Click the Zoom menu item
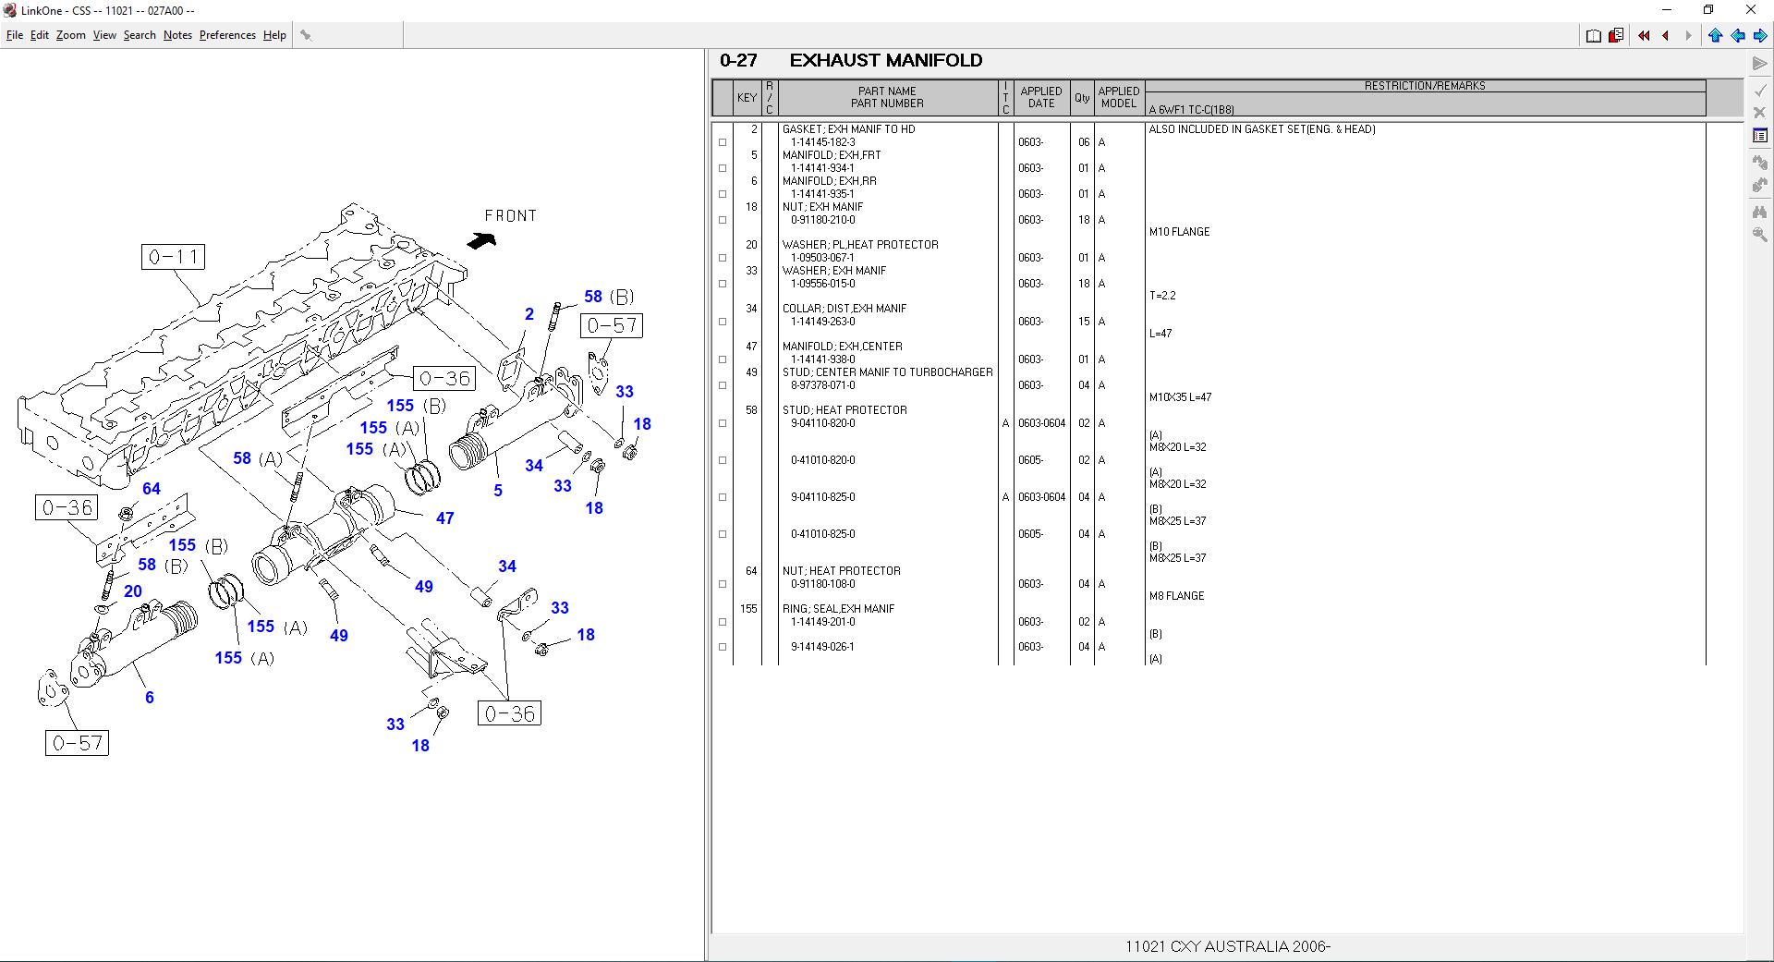(70, 35)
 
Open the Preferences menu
(227, 35)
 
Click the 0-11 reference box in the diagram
(174, 257)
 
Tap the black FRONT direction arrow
(480, 240)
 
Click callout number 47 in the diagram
(444, 518)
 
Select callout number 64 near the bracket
(151, 489)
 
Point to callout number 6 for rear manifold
(149, 698)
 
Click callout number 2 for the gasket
(529, 314)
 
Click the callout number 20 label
(133, 591)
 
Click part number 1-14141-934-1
(822, 168)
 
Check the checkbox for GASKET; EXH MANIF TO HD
(723, 142)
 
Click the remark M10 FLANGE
(1179, 232)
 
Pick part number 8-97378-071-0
(822, 385)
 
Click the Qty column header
(1081, 98)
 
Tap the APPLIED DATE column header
(1040, 98)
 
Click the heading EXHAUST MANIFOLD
(885, 61)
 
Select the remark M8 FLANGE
(1176, 596)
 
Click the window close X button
(1750, 10)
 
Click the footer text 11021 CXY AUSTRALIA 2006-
(1227, 946)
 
